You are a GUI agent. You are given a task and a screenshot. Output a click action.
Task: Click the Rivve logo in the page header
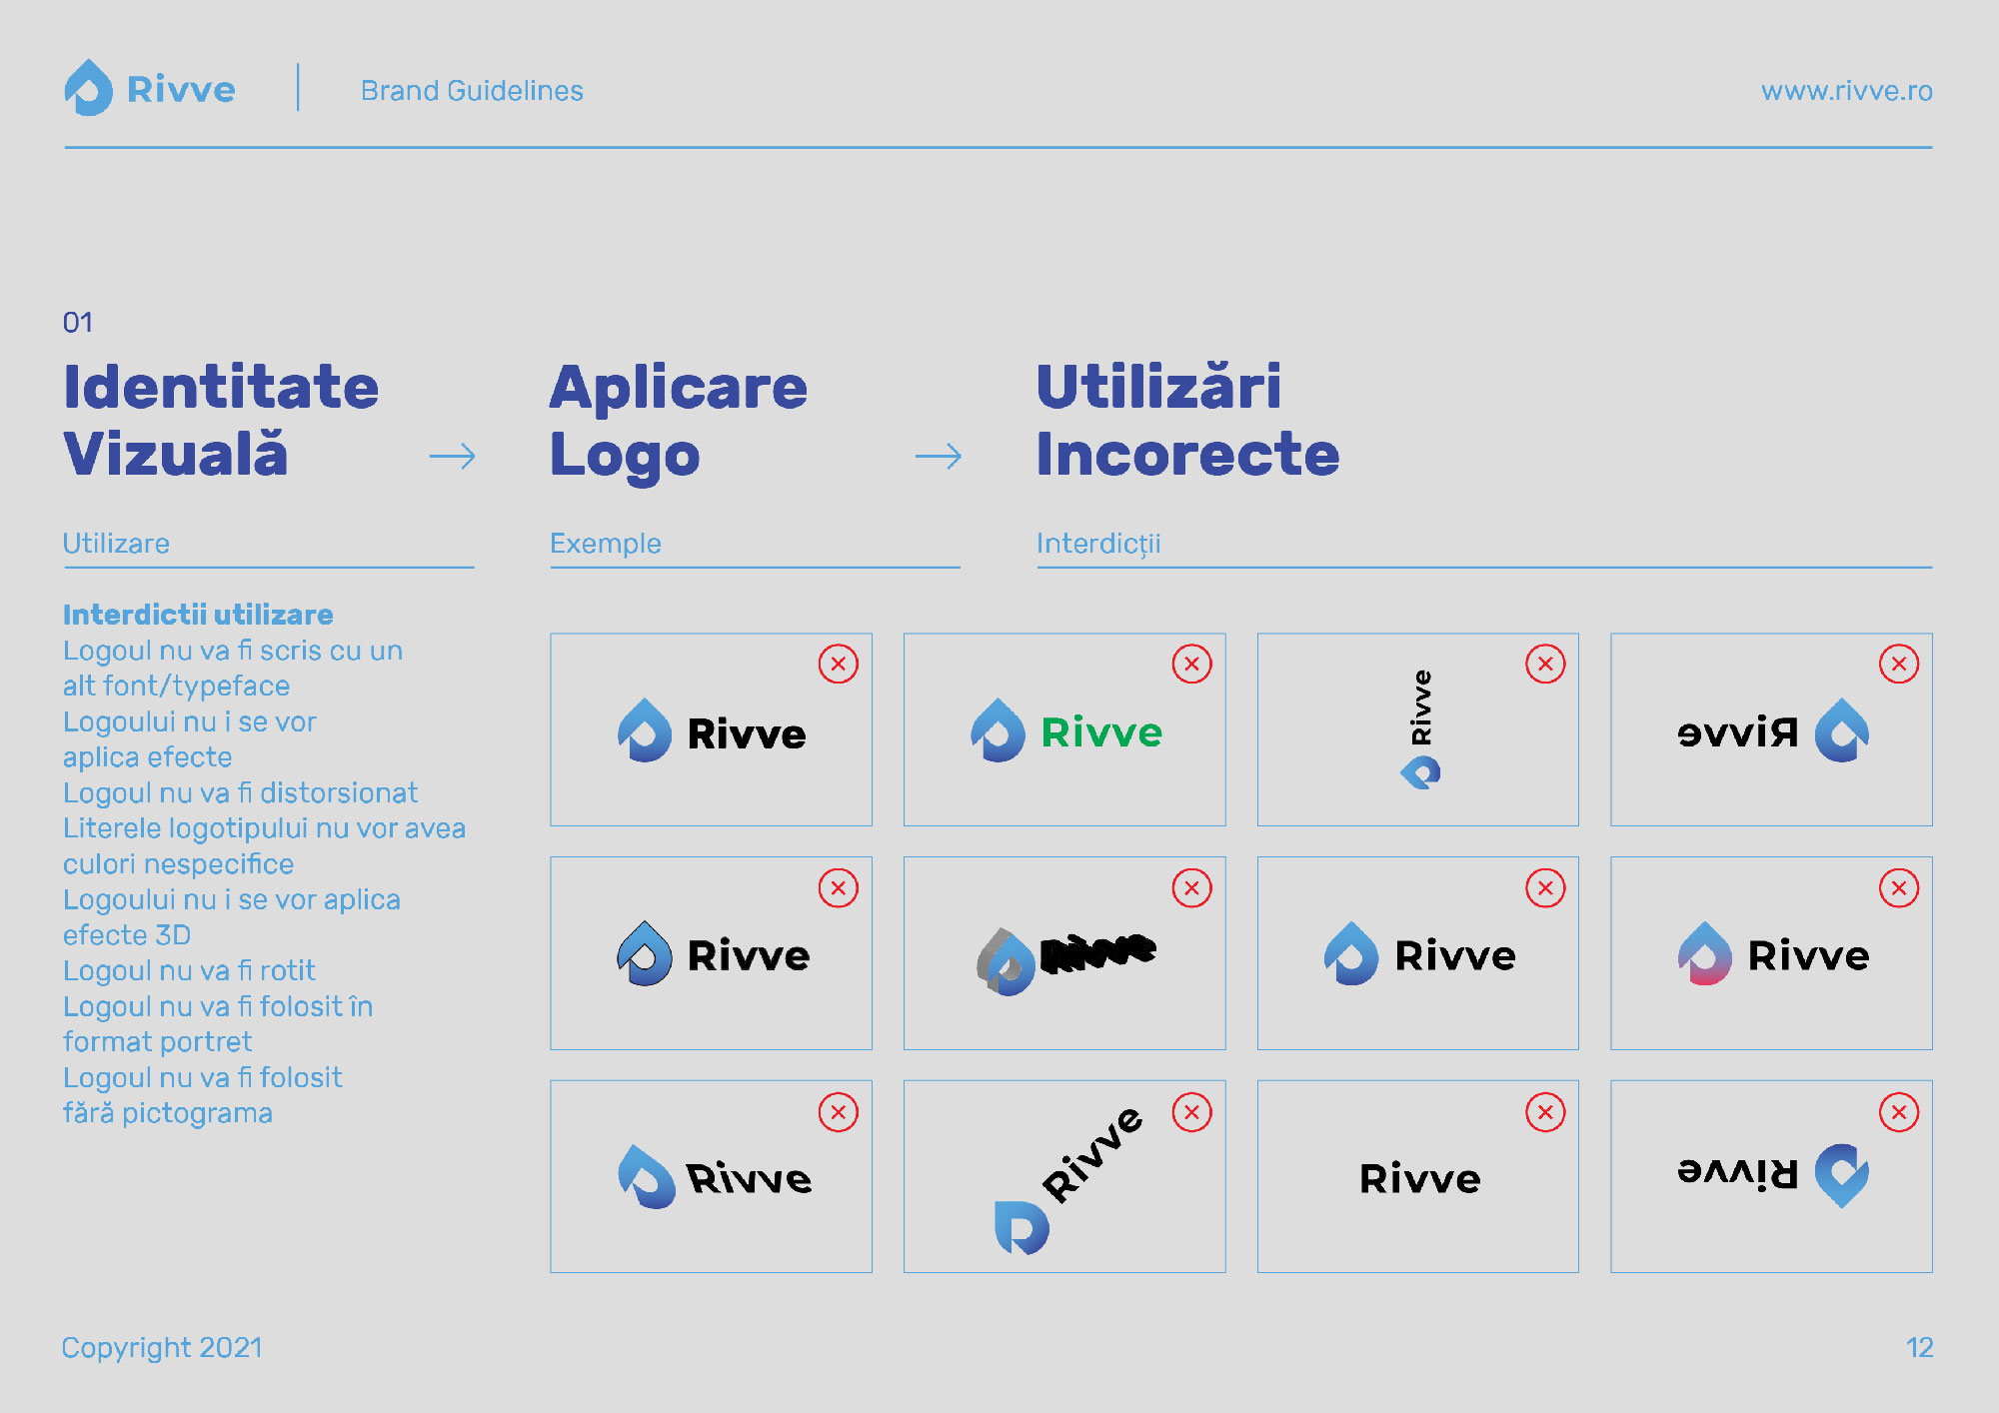tap(150, 88)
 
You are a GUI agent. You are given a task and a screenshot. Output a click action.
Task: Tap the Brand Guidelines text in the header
tap(472, 91)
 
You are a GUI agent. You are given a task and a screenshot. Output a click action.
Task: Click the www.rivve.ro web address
tap(1846, 91)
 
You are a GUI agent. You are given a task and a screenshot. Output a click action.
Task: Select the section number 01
tap(78, 322)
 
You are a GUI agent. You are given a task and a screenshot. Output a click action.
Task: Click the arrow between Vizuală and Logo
tap(452, 457)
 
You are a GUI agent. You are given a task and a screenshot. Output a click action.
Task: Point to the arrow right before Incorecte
tap(939, 457)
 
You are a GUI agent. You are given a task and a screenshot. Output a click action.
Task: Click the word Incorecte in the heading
tap(1187, 455)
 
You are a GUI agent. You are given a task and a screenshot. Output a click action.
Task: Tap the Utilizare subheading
tap(116, 544)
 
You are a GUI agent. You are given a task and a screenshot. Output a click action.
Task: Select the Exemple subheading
tap(606, 544)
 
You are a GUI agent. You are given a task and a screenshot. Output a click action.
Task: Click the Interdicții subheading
tap(1098, 545)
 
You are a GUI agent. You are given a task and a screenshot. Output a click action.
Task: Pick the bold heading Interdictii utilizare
tap(198, 614)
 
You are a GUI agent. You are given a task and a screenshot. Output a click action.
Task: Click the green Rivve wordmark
tap(1101, 732)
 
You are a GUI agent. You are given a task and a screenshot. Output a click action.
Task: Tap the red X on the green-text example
tap(1191, 664)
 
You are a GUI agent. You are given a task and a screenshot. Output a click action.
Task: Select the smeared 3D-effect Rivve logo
tap(1065, 960)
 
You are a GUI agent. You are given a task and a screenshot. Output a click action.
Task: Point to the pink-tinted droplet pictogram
tap(1705, 953)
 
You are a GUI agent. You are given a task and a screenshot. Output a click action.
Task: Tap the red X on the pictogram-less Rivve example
tap(1545, 1112)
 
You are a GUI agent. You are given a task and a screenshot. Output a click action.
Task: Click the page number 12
tap(1919, 1348)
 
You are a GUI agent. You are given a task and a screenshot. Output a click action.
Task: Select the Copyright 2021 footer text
tap(162, 1348)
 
